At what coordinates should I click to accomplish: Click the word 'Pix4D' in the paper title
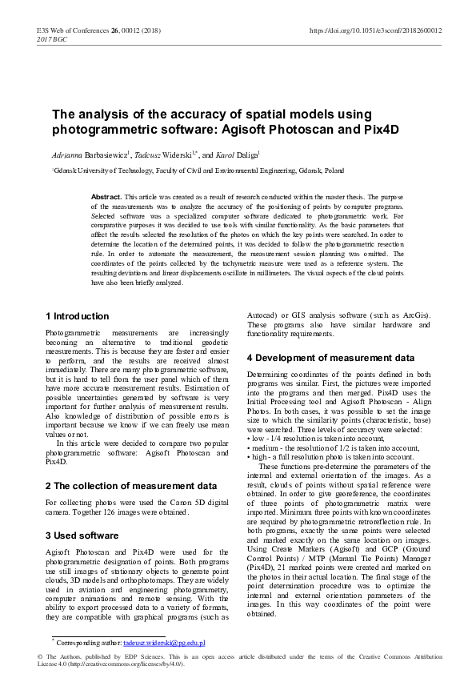[x=376, y=128]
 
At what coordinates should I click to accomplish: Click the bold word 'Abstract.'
[x=107, y=196]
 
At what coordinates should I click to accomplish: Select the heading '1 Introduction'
[x=78, y=316]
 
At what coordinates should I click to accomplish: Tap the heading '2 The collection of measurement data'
[x=130, y=485]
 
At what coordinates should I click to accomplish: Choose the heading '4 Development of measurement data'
[x=330, y=357]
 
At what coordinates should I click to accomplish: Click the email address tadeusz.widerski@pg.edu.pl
[x=164, y=643]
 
